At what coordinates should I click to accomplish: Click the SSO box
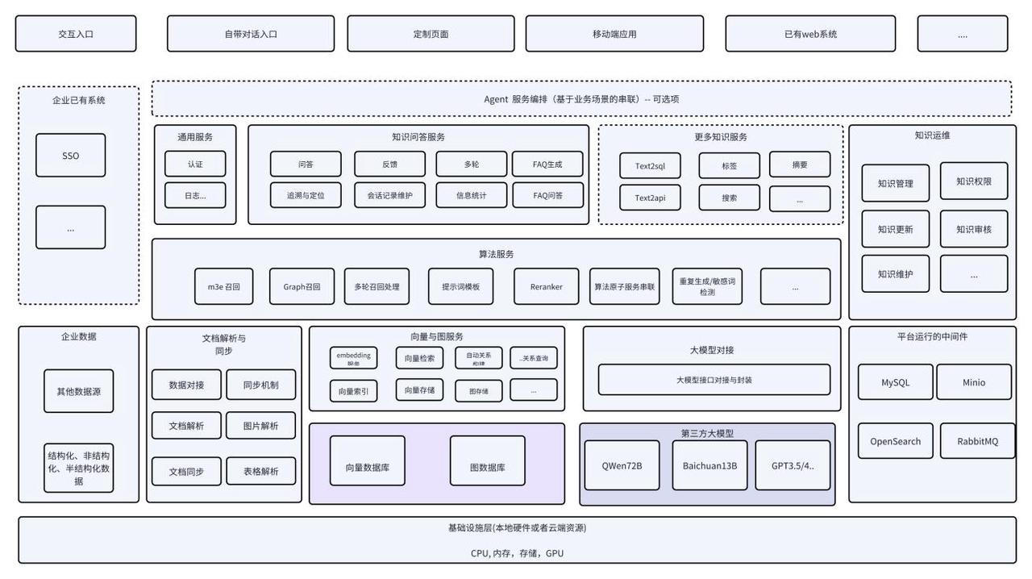(x=70, y=156)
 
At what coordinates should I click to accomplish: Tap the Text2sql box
(x=650, y=166)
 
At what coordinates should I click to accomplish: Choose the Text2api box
(x=650, y=198)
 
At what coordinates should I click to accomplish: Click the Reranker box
(x=546, y=286)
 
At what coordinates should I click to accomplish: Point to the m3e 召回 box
(x=223, y=286)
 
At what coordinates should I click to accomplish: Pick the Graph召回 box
(x=302, y=286)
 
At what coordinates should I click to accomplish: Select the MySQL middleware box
(x=895, y=382)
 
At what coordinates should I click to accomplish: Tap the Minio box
(x=973, y=382)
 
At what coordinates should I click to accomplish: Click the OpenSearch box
(x=895, y=441)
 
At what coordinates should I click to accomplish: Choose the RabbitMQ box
(x=977, y=441)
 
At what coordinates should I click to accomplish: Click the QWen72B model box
(x=622, y=465)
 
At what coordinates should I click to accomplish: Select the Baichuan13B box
(x=709, y=465)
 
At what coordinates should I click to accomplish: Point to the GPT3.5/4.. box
(x=793, y=465)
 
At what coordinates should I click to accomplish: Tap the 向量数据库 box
(x=367, y=467)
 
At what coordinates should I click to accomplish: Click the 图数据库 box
(x=487, y=467)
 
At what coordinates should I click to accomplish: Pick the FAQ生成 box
(x=547, y=164)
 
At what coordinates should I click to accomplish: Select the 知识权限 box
(x=973, y=181)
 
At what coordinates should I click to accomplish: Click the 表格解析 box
(x=260, y=471)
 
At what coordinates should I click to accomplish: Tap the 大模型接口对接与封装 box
(x=714, y=380)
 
